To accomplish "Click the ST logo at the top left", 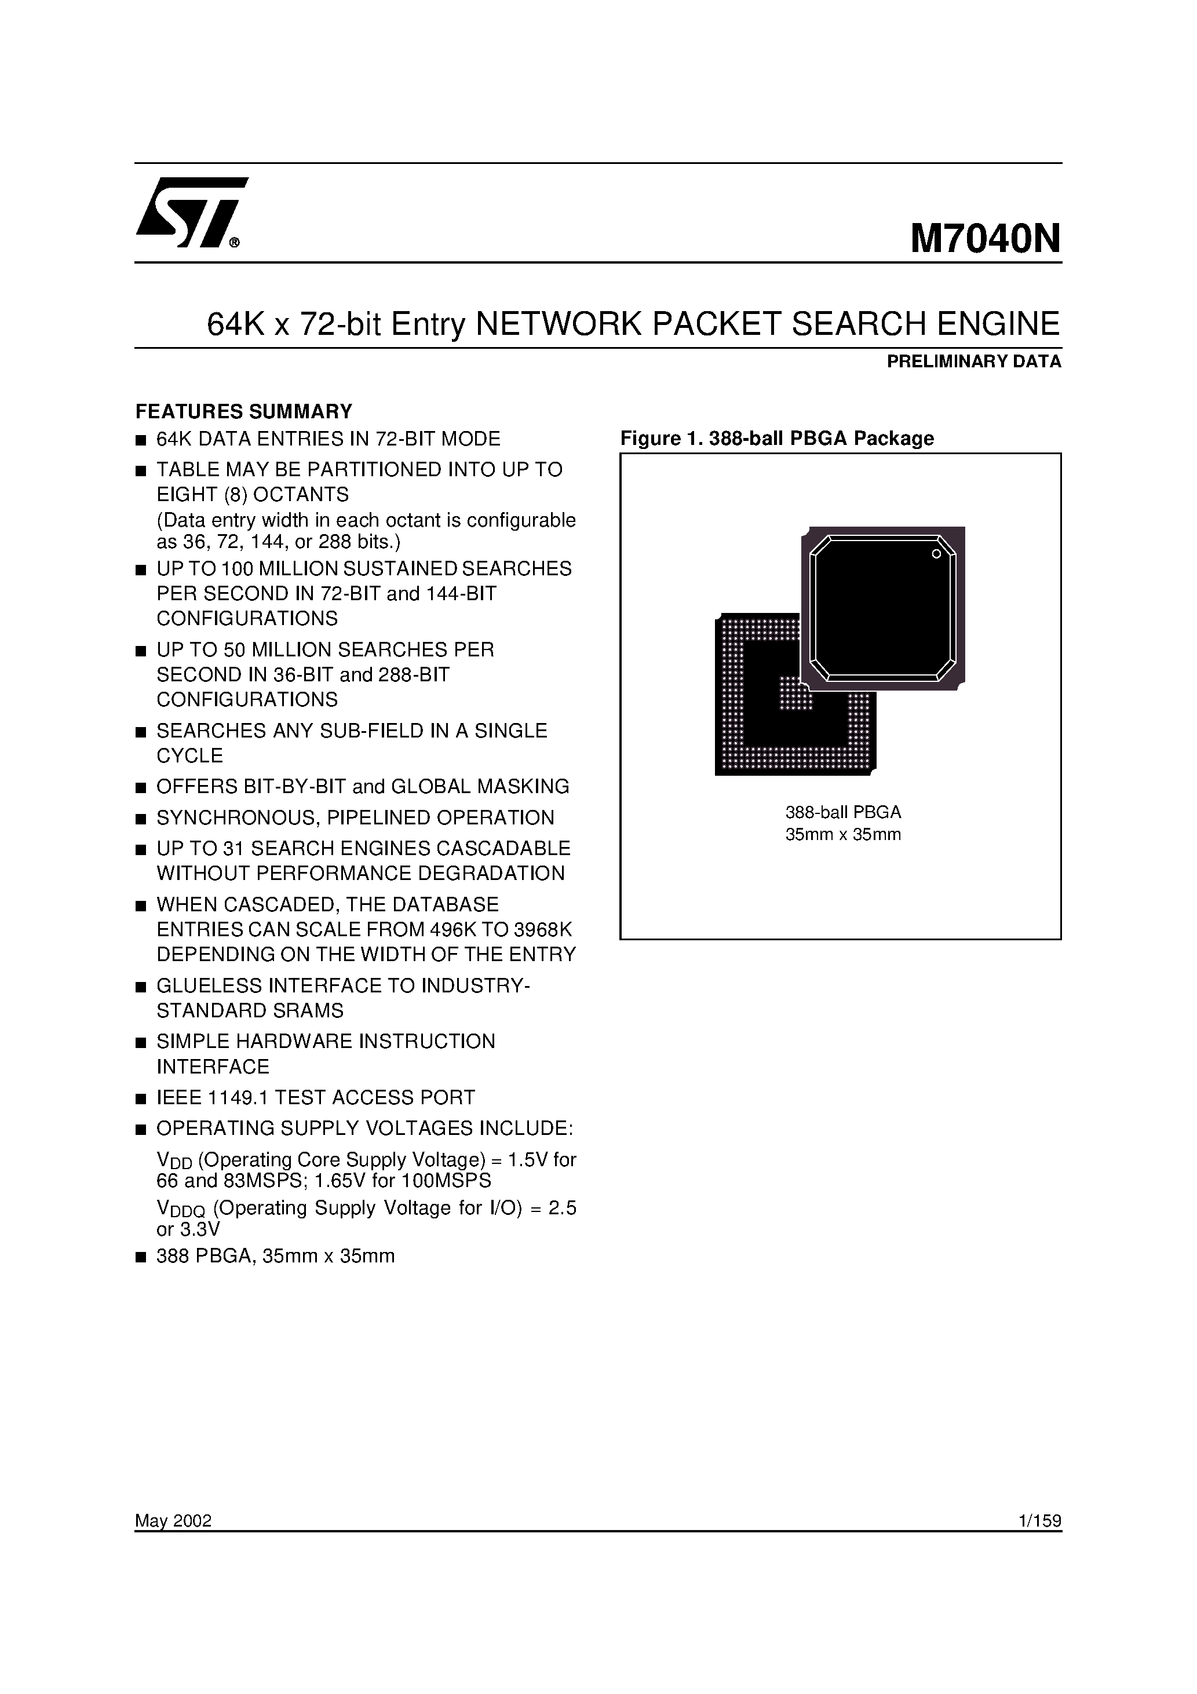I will tap(191, 213).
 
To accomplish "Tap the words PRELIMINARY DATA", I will tap(973, 362).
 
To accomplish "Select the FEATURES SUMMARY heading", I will tap(243, 411).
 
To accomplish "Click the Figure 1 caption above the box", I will tap(776, 438).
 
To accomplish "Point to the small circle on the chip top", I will tap(936, 554).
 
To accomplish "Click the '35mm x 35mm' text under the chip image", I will tap(843, 834).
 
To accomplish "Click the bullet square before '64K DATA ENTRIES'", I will tap(141, 440).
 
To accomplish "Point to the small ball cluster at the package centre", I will tap(795, 694).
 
